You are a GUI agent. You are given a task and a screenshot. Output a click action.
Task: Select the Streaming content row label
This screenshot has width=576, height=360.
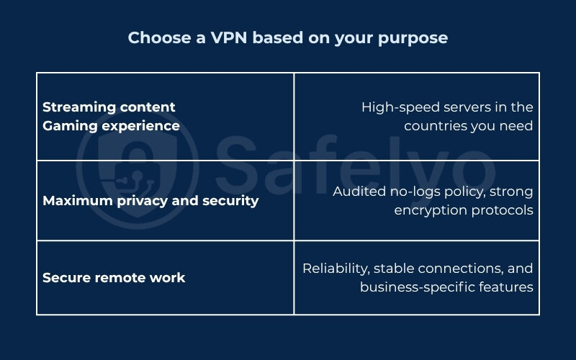tap(109, 107)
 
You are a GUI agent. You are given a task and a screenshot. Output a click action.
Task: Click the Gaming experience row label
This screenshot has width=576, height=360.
tap(111, 125)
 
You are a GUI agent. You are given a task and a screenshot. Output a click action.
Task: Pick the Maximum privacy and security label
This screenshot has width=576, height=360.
tap(150, 201)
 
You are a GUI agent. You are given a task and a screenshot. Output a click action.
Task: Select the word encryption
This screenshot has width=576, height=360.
tap(426, 210)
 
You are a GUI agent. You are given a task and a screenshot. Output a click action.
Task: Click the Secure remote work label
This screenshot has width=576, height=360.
tap(114, 278)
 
